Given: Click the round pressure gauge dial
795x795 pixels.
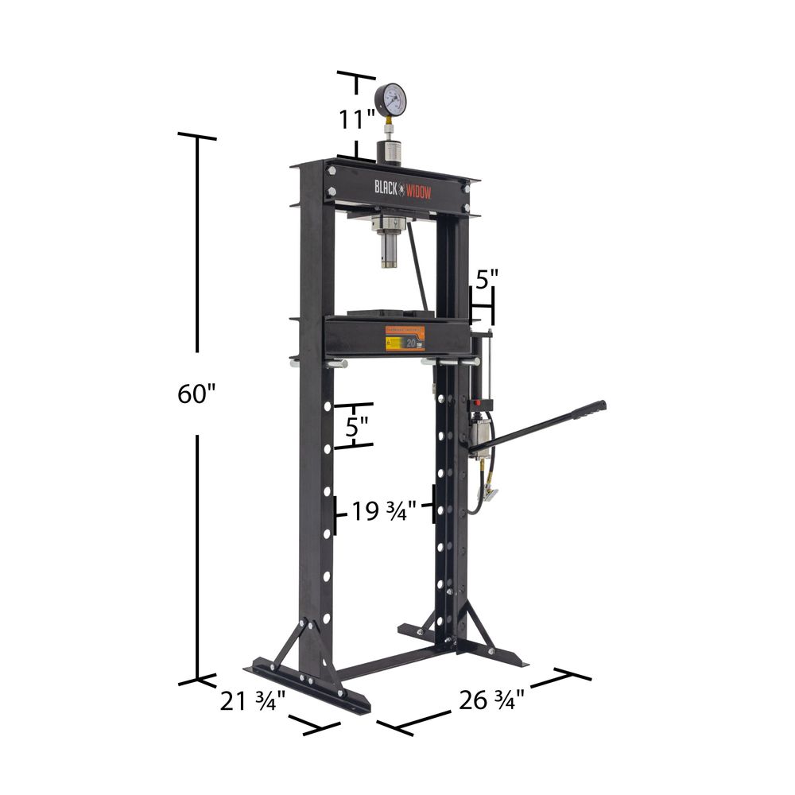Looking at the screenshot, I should tap(390, 99).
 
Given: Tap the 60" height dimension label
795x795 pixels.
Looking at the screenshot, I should tap(197, 394).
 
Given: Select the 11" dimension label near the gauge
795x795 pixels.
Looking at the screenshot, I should tap(356, 120).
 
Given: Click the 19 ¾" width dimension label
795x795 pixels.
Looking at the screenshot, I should tap(385, 512).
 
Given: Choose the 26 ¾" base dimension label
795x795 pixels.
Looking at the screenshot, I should tap(491, 700).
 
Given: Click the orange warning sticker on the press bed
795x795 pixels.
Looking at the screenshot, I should tap(405, 338).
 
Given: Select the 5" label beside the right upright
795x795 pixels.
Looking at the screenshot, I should tap(487, 280).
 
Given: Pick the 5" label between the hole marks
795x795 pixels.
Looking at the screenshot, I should tap(357, 425).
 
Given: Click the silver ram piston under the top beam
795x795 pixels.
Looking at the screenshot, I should tap(389, 246).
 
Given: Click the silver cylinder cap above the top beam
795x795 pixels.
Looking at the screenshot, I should tap(389, 149).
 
